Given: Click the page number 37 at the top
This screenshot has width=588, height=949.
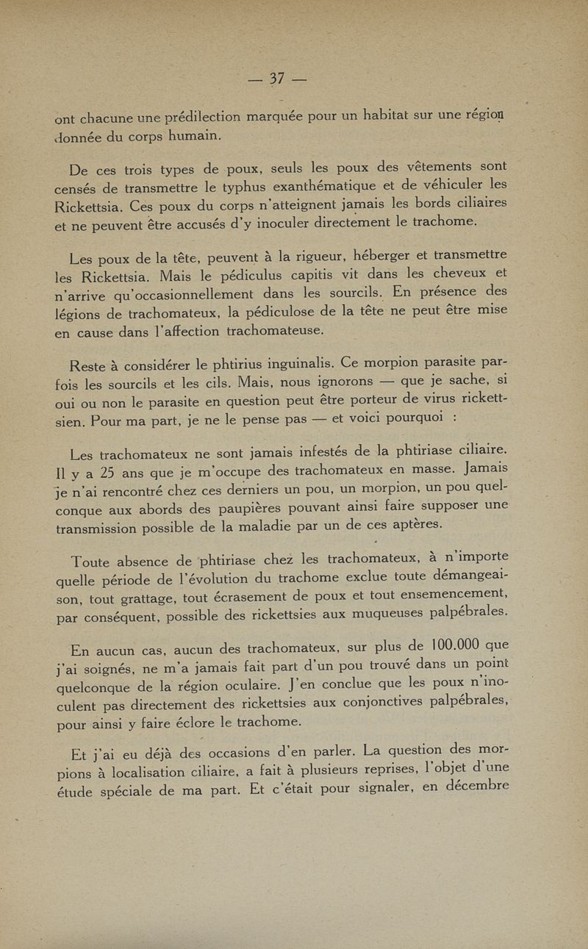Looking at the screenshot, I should tap(277, 78).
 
